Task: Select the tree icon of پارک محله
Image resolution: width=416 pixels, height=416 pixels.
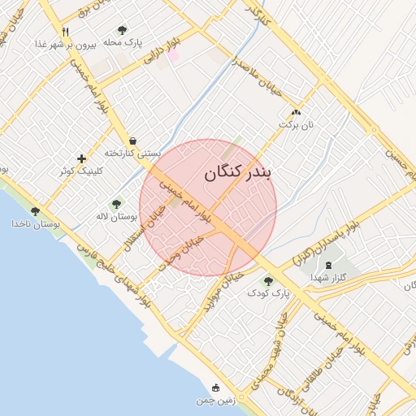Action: [122, 30]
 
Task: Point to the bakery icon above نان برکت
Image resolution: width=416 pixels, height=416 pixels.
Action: [296, 114]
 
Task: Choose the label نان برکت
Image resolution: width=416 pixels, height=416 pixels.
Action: [296, 125]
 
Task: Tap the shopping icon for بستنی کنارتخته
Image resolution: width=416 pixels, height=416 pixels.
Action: [132, 141]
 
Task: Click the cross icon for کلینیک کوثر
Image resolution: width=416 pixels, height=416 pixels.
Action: [81, 158]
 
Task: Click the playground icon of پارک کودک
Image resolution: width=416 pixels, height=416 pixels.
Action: [268, 280]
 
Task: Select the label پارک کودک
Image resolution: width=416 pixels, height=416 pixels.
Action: [268, 292]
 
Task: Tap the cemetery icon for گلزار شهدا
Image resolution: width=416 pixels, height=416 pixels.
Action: [328, 266]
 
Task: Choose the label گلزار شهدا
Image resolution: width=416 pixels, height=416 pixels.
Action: [328, 277]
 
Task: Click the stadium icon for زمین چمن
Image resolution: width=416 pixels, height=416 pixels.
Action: [215, 388]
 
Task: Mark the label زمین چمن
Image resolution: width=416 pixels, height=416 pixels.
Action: [214, 401]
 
